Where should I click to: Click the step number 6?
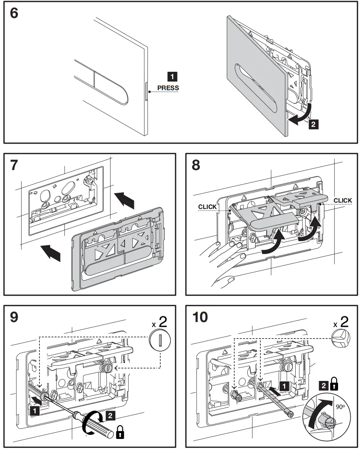click(14, 13)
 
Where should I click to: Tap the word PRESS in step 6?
click(168, 88)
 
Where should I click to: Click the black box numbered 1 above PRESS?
click(172, 77)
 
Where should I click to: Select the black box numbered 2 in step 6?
click(314, 124)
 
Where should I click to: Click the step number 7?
click(14, 165)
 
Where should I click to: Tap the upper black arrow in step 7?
click(125, 200)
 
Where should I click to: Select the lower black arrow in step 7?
click(51, 253)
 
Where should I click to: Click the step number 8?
click(196, 165)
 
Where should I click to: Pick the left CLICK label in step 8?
click(207, 207)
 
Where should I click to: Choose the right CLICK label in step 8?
click(343, 200)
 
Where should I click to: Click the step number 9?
click(14, 317)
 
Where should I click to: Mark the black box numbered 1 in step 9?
click(35, 411)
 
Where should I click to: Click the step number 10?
click(200, 317)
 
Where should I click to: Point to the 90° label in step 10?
click(340, 407)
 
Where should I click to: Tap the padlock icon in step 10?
click(334, 384)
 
